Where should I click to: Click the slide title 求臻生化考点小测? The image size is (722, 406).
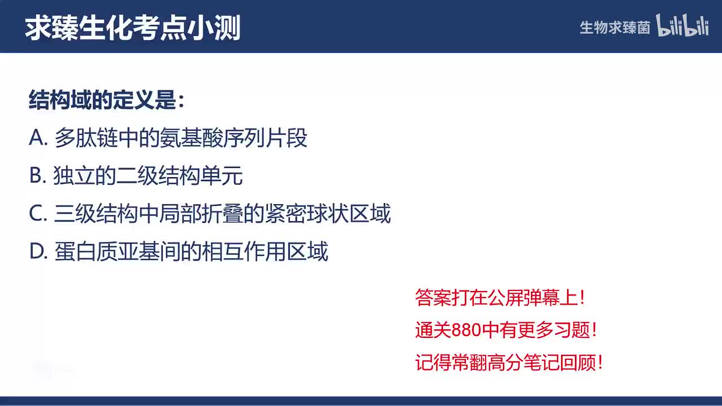coord(133,28)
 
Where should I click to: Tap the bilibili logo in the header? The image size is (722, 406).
coord(682,27)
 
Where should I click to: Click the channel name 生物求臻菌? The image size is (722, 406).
coord(615,28)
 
